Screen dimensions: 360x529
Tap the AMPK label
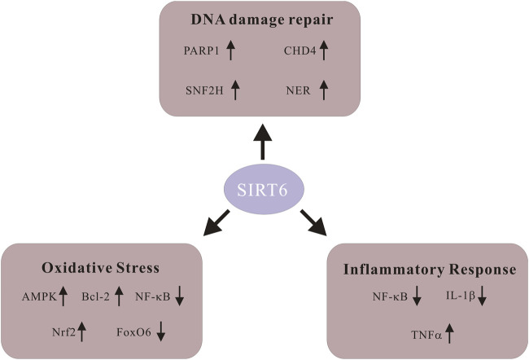pos(38,299)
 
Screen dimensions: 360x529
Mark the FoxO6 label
pos(133,331)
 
